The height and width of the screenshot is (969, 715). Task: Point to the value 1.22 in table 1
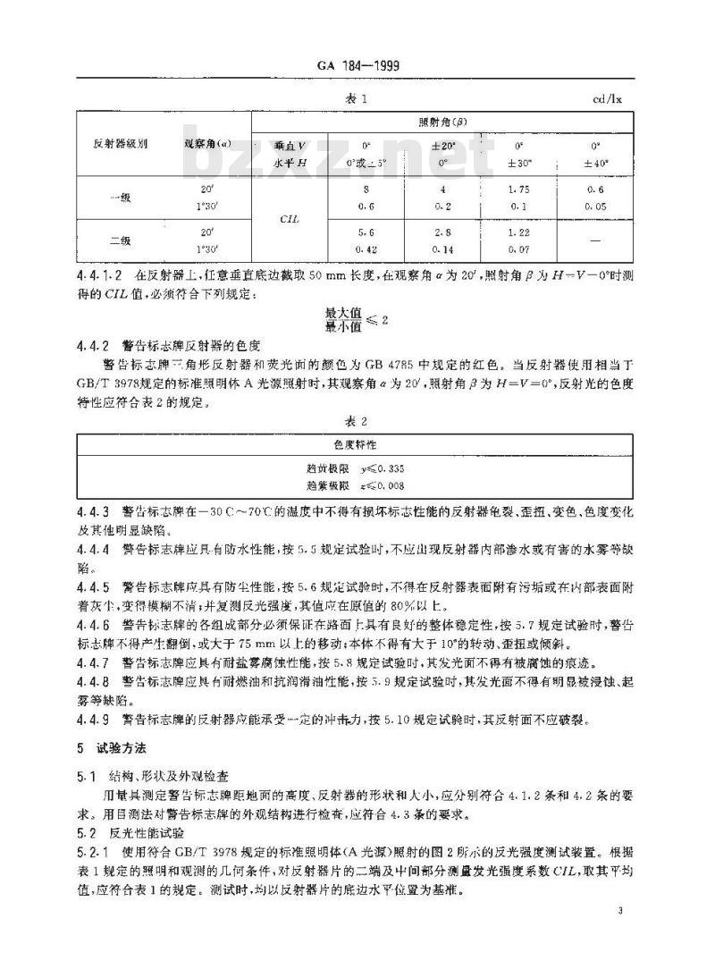[x=519, y=232]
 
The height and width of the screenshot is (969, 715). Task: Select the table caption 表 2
[x=357, y=419]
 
